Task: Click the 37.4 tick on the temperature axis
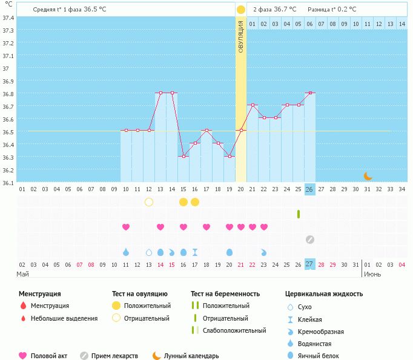[8, 18]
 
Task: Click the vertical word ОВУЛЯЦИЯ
[241, 36]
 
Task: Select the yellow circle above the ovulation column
[241, 10]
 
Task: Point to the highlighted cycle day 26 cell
[309, 189]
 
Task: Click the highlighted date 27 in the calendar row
[309, 264]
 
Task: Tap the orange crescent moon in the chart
[368, 176]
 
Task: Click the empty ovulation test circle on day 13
[149, 201]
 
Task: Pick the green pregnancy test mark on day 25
[298, 214]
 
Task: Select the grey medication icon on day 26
[309, 239]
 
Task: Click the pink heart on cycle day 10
[126, 227]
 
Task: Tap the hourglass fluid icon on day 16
[195, 252]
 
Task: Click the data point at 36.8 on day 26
[309, 93]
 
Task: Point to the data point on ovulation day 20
[241, 131]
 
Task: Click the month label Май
[23, 274]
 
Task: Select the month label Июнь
[372, 274]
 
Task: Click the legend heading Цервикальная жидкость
[324, 294]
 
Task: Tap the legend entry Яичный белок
[319, 356]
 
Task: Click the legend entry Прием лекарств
[114, 356]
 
